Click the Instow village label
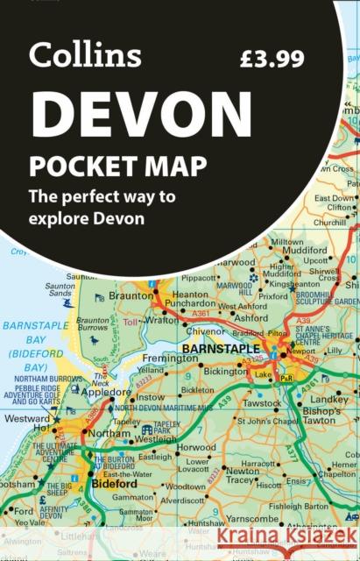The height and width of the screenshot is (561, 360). coord(150,396)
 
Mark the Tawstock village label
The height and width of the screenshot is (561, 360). coord(262,404)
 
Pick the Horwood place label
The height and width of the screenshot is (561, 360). coord(194,447)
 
